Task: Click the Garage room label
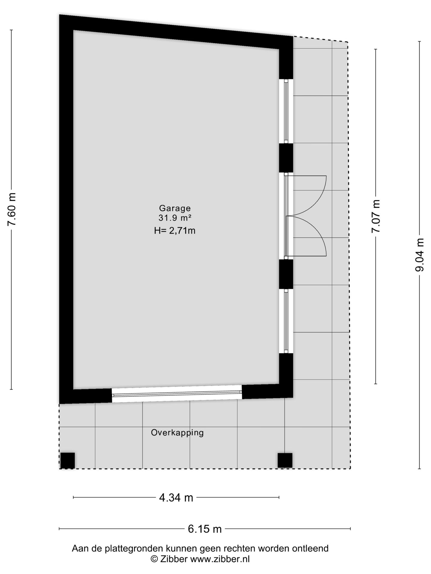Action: (175, 208)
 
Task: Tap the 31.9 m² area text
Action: (175, 218)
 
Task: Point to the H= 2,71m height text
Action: (175, 230)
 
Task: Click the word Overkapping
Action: (177, 433)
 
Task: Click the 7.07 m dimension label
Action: (376, 216)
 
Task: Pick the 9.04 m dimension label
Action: (420, 255)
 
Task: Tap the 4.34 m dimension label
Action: (176, 498)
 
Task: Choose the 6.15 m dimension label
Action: (205, 529)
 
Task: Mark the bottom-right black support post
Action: (285, 460)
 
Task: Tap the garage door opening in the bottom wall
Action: (177, 394)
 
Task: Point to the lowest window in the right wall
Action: (286, 321)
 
